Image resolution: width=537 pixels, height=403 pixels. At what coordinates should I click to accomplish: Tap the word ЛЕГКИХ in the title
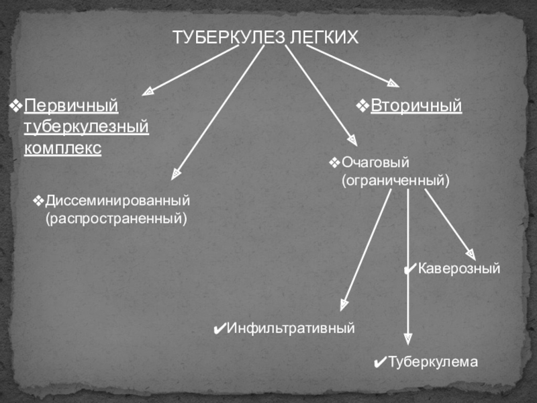pos(324,37)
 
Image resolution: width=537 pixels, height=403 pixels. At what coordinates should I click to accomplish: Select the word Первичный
pos(70,106)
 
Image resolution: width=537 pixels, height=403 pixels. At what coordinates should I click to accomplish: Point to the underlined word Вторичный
pos(417,106)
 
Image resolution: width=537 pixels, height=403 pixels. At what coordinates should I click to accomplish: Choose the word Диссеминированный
pos(118,201)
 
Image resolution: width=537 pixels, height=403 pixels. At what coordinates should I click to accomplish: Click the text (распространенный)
pos(116,218)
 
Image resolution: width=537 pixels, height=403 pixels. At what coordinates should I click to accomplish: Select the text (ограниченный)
pos(395,181)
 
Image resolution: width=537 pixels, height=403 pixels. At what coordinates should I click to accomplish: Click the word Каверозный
pos(460,269)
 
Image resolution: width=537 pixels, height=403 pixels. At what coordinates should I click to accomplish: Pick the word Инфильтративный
pos(290,328)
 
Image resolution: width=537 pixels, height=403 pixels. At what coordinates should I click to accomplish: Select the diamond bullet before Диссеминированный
pos(39,201)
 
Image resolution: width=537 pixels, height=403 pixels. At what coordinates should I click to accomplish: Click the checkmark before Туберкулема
pos(380,363)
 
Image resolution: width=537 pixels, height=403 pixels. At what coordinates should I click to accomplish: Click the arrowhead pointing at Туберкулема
pos(408,339)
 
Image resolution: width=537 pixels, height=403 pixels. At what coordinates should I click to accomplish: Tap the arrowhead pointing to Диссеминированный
pos(176,174)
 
